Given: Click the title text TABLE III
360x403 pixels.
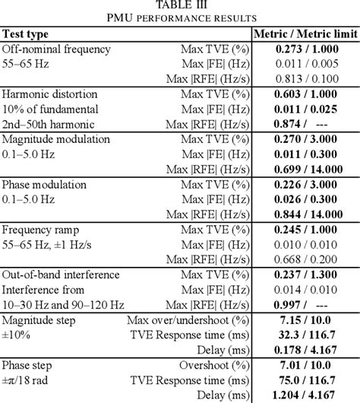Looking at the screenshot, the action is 179,6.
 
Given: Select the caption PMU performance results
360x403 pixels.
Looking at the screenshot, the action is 179,19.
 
